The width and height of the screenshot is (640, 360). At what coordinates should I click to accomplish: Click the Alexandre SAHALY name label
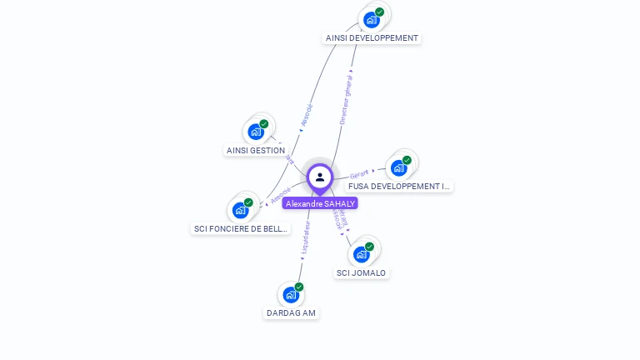click(320, 203)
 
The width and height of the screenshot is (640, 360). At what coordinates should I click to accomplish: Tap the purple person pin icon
click(320, 177)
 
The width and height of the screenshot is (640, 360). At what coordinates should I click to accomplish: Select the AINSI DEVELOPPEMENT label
click(372, 38)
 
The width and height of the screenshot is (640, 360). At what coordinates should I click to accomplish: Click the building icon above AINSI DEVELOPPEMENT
click(372, 19)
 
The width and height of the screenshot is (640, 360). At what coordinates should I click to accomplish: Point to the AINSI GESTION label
click(256, 151)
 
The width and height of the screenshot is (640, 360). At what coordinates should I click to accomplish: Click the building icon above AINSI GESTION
click(256, 132)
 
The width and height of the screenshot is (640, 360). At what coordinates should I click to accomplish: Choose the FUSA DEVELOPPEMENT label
click(399, 187)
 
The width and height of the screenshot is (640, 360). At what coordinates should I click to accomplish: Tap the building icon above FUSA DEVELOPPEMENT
click(399, 167)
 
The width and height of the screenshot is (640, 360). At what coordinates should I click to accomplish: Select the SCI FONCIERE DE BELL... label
click(241, 228)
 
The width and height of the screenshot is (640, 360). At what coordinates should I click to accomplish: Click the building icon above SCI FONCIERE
click(241, 210)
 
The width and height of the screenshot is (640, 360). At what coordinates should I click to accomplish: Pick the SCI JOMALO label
click(362, 273)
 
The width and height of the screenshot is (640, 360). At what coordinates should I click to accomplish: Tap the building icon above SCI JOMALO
click(362, 254)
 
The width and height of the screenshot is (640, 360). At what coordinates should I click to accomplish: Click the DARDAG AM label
click(291, 313)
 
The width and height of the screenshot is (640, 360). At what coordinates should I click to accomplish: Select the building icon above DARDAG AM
click(291, 294)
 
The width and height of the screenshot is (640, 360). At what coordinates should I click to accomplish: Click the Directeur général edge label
click(346, 99)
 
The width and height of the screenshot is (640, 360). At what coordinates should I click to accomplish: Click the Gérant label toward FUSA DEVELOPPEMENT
click(359, 174)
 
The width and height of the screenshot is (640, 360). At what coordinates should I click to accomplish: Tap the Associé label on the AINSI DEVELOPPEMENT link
click(306, 117)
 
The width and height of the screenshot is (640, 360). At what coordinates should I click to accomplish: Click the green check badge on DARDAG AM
click(299, 287)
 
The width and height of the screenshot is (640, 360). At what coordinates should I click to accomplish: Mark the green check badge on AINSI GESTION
click(264, 124)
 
